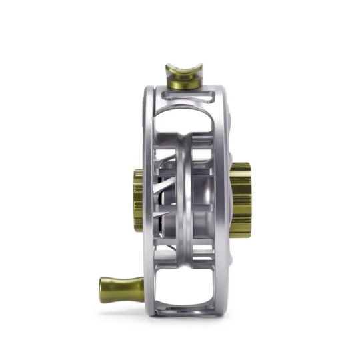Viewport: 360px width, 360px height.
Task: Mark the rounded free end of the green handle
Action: (x=104, y=289)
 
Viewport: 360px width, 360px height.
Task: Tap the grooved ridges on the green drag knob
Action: (x=244, y=200)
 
